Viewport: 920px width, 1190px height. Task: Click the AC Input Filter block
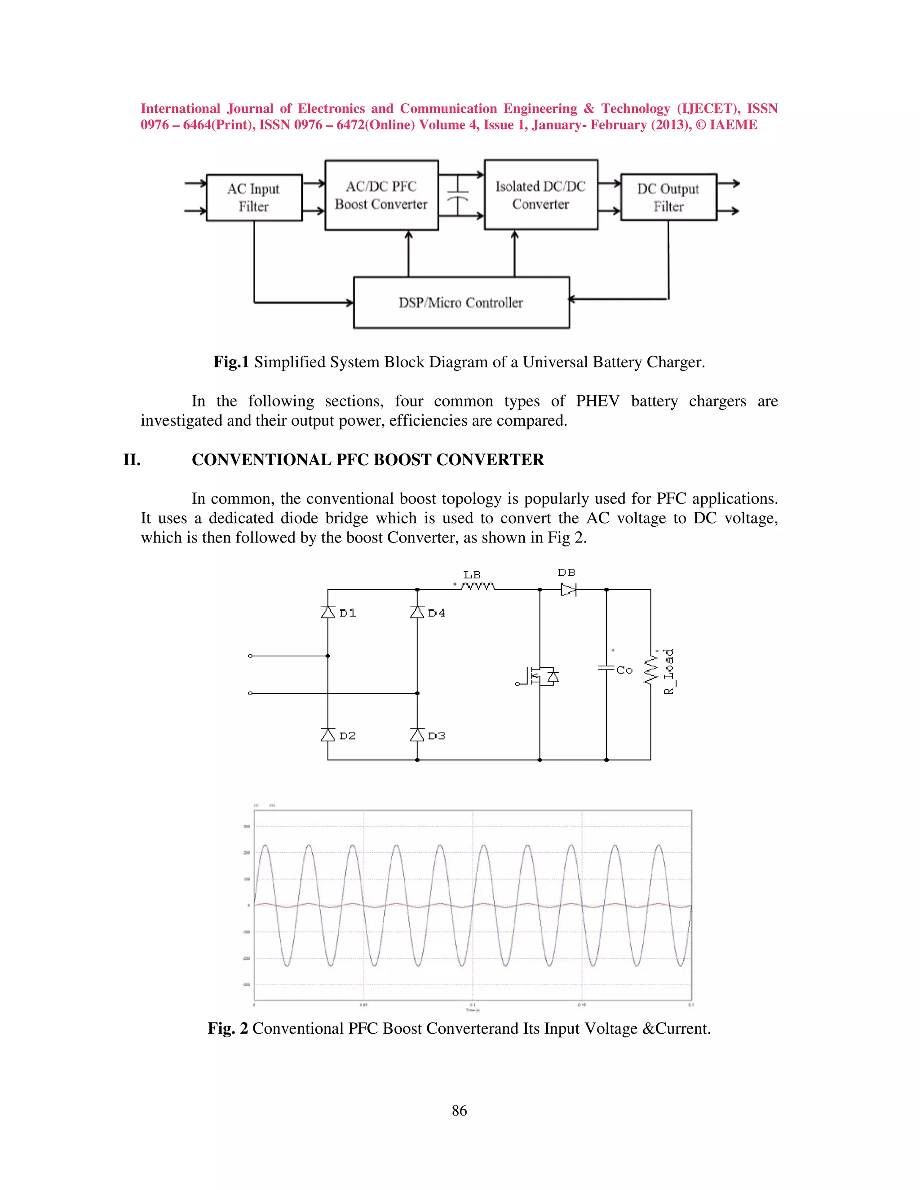click(254, 197)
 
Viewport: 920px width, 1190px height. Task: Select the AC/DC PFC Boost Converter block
click(381, 195)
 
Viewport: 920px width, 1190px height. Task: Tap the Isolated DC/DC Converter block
click(541, 195)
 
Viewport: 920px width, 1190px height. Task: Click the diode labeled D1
click(328, 613)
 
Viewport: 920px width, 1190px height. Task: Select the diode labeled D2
click(328, 735)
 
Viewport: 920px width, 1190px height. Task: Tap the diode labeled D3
click(417, 735)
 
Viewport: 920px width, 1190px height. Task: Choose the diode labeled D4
click(417, 613)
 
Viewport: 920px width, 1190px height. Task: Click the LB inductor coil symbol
click(478, 587)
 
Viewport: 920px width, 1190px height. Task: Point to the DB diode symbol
click(568, 590)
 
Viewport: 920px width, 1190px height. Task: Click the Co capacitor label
click(624, 670)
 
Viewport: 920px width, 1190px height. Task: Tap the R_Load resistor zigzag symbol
click(650, 670)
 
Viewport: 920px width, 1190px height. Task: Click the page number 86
click(460, 1111)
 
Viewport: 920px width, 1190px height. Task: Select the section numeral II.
click(132, 460)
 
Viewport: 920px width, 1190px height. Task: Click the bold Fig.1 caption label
click(231, 362)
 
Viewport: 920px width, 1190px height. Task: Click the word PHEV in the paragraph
click(597, 401)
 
